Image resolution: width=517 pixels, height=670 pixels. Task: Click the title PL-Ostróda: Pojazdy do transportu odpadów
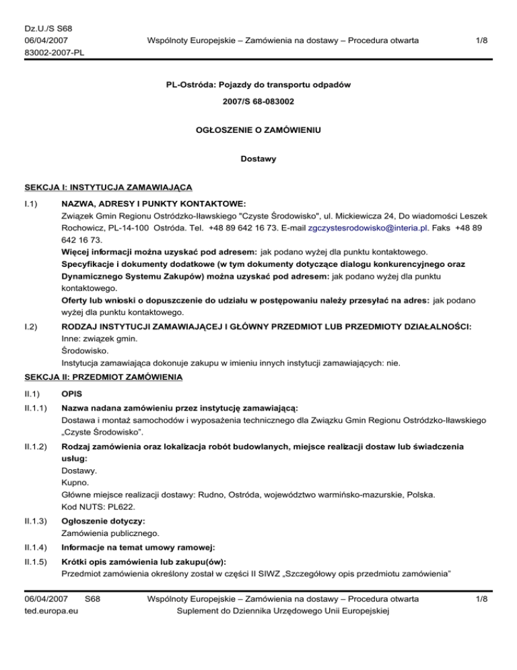[x=258, y=86]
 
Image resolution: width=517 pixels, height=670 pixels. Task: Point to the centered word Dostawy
[x=258, y=160]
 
